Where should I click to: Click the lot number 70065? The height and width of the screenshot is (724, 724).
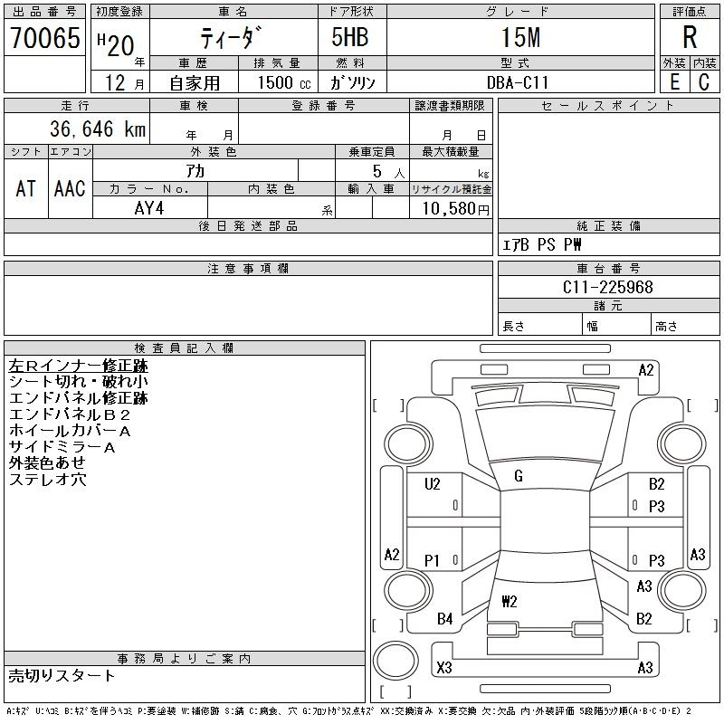click(45, 38)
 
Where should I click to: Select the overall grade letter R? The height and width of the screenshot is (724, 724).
click(690, 37)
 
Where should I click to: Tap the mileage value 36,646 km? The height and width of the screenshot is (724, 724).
click(98, 129)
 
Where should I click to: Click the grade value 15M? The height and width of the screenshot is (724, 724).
click(521, 37)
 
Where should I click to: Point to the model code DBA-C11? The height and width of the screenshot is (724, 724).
click(518, 82)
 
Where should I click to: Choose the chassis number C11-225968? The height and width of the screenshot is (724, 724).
click(607, 287)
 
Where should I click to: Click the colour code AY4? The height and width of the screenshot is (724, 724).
click(149, 208)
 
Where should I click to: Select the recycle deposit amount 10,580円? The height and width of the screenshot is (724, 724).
click(455, 209)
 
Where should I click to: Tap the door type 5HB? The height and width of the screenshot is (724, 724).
click(350, 37)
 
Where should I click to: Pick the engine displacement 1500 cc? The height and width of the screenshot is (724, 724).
click(284, 82)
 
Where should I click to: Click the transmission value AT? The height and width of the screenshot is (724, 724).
click(26, 188)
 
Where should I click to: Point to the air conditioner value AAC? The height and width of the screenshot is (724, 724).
click(70, 188)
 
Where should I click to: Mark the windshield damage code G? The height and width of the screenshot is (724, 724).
click(519, 476)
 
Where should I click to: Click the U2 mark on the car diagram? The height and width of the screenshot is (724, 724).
click(433, 484)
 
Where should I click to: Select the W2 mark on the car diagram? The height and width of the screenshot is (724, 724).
click(510, 601)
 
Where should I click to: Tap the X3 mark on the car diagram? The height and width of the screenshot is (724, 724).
click(444, 667)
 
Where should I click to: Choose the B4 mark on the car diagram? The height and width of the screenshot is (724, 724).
click(444, 619)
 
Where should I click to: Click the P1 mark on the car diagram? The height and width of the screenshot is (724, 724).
click(432, 560)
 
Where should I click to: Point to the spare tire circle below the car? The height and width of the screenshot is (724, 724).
click(395, 661)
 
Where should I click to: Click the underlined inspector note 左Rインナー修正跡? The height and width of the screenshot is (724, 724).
click(79, 366)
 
